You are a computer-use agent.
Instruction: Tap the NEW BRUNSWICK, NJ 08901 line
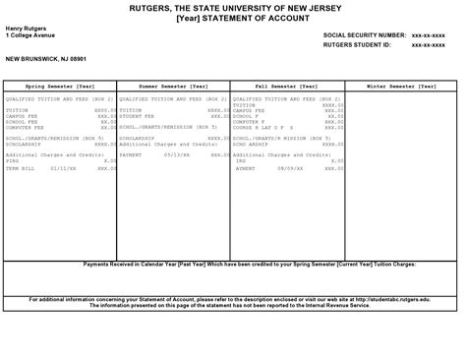tap(46, 58)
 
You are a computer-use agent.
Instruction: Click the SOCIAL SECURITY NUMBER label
tap(364, 34)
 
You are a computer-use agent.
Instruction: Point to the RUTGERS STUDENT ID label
tap(357, 44)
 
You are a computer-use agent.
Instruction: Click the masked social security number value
tap(431, 34)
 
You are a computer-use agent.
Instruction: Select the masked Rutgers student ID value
tap(431, 44)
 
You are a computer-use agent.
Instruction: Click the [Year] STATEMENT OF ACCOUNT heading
tap(233, 17)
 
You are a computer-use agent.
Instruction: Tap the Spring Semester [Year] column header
tap(60, 87)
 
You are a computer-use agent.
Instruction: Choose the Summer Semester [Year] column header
tap(174, 87)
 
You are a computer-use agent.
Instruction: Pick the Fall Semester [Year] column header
tap(287, 87)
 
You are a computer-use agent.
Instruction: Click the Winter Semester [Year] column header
tap(403, 87)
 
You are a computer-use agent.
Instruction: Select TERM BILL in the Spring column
tap(21, 168)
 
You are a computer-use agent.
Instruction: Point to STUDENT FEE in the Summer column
tap(134, 116)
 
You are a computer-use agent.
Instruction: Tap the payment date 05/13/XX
tap(176, 154)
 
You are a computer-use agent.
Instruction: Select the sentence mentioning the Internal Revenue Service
tap(232, 305)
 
